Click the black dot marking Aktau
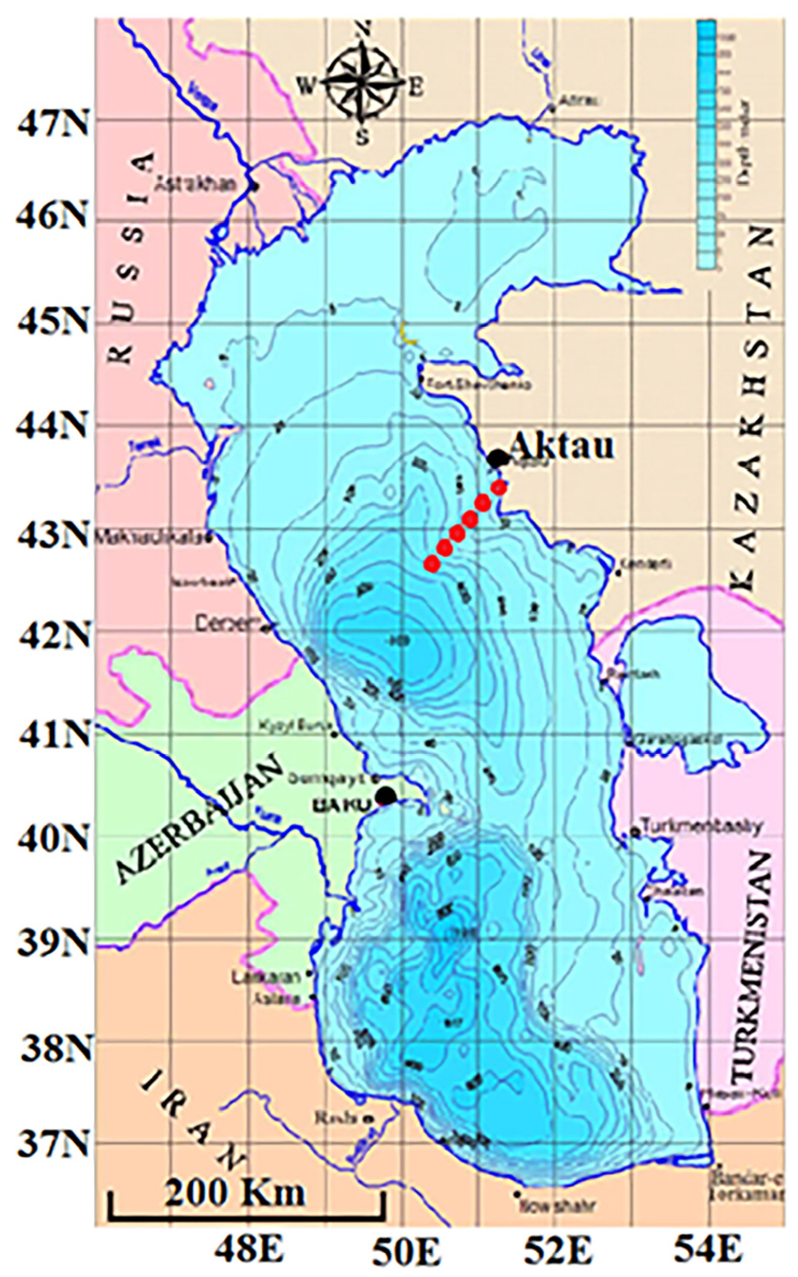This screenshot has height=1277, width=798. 498,458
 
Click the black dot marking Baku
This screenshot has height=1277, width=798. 386,795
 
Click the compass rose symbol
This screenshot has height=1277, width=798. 363,85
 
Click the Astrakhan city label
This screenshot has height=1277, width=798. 196,185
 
